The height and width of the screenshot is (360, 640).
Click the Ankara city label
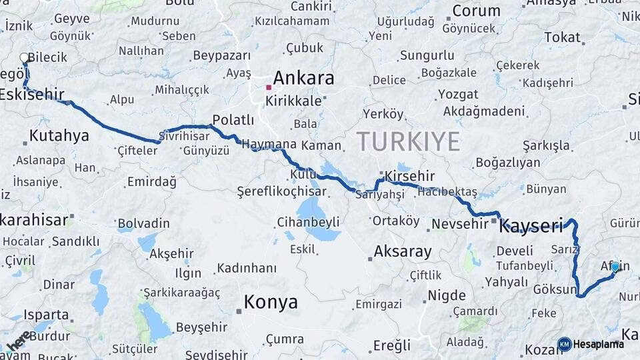[303, 78]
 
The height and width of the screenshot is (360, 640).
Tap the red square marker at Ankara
[269, 87]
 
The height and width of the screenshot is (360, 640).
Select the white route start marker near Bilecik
[25, 58]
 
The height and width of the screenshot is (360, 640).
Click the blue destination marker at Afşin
[615, 267]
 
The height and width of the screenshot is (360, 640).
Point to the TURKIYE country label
[408, 141]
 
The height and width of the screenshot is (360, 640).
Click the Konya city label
[271, 302]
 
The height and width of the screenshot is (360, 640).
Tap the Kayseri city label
[531, 226]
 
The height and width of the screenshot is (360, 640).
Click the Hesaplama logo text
[599, 344]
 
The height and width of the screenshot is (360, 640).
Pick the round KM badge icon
[565, 344]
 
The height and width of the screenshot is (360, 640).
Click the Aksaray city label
[402, 252]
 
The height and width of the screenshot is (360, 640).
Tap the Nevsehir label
[460, 224]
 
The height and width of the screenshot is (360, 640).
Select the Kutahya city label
[59, 136]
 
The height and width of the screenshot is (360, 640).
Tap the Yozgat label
[459, 94]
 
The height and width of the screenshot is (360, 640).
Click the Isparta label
[46, 315]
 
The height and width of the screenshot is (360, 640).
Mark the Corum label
[476, 11]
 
